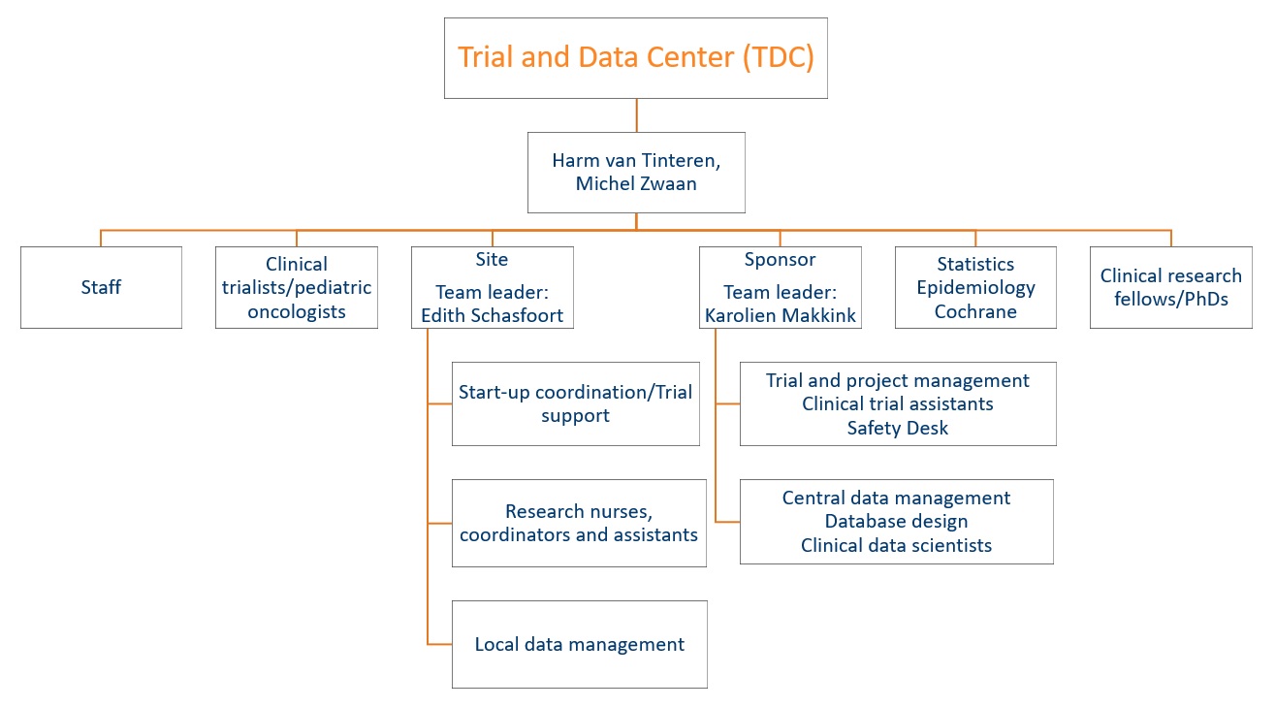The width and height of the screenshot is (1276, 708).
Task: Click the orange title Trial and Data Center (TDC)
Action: tap(636, 57)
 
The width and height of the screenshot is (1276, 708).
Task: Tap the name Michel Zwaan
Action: tap(636, 184)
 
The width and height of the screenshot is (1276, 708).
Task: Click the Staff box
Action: tap(102, 287)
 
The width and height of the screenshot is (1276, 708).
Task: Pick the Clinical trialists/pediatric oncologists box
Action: tap(297, 287)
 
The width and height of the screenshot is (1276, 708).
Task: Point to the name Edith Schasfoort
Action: tap(493, 315)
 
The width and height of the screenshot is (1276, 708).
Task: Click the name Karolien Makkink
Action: tap(780, 315)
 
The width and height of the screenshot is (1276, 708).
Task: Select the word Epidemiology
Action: tap(975, 288)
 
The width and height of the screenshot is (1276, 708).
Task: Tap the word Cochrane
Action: tap(975, 311)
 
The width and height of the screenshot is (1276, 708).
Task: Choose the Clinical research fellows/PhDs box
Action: tap(1171, 287)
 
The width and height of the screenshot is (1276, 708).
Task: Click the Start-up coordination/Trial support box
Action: tap(575, 403)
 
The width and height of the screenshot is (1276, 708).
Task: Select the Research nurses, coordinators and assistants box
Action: tap(579, 523)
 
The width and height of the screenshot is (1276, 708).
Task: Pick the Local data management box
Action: tap(579, 644)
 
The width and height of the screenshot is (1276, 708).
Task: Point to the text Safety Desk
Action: tap(898, 428)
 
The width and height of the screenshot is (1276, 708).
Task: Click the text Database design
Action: tap(896, 521)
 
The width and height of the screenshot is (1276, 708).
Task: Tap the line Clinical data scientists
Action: tap(896, 545)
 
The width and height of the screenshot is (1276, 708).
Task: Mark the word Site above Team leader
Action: tap(492, 260)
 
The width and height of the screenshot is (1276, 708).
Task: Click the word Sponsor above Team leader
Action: tap(780, 260)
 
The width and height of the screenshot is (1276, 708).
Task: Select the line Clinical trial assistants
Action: tap(898, 403)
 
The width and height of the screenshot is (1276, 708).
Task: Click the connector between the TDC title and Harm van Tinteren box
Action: tap(636, 115)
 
